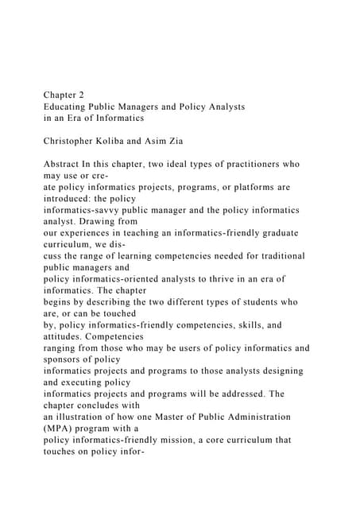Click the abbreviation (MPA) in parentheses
point(62,427)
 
